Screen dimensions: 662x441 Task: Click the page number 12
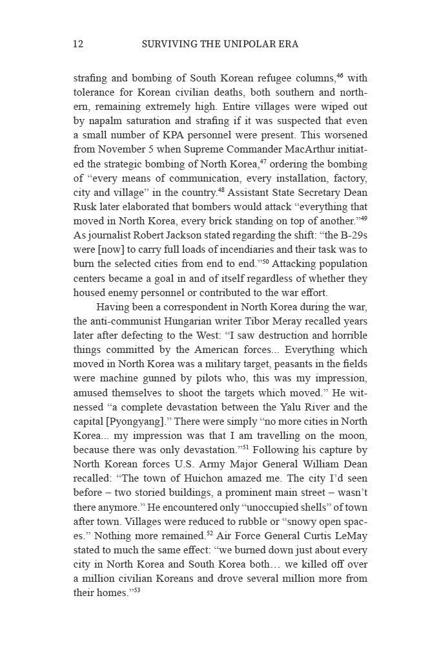78,45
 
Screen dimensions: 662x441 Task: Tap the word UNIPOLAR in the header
236,45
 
